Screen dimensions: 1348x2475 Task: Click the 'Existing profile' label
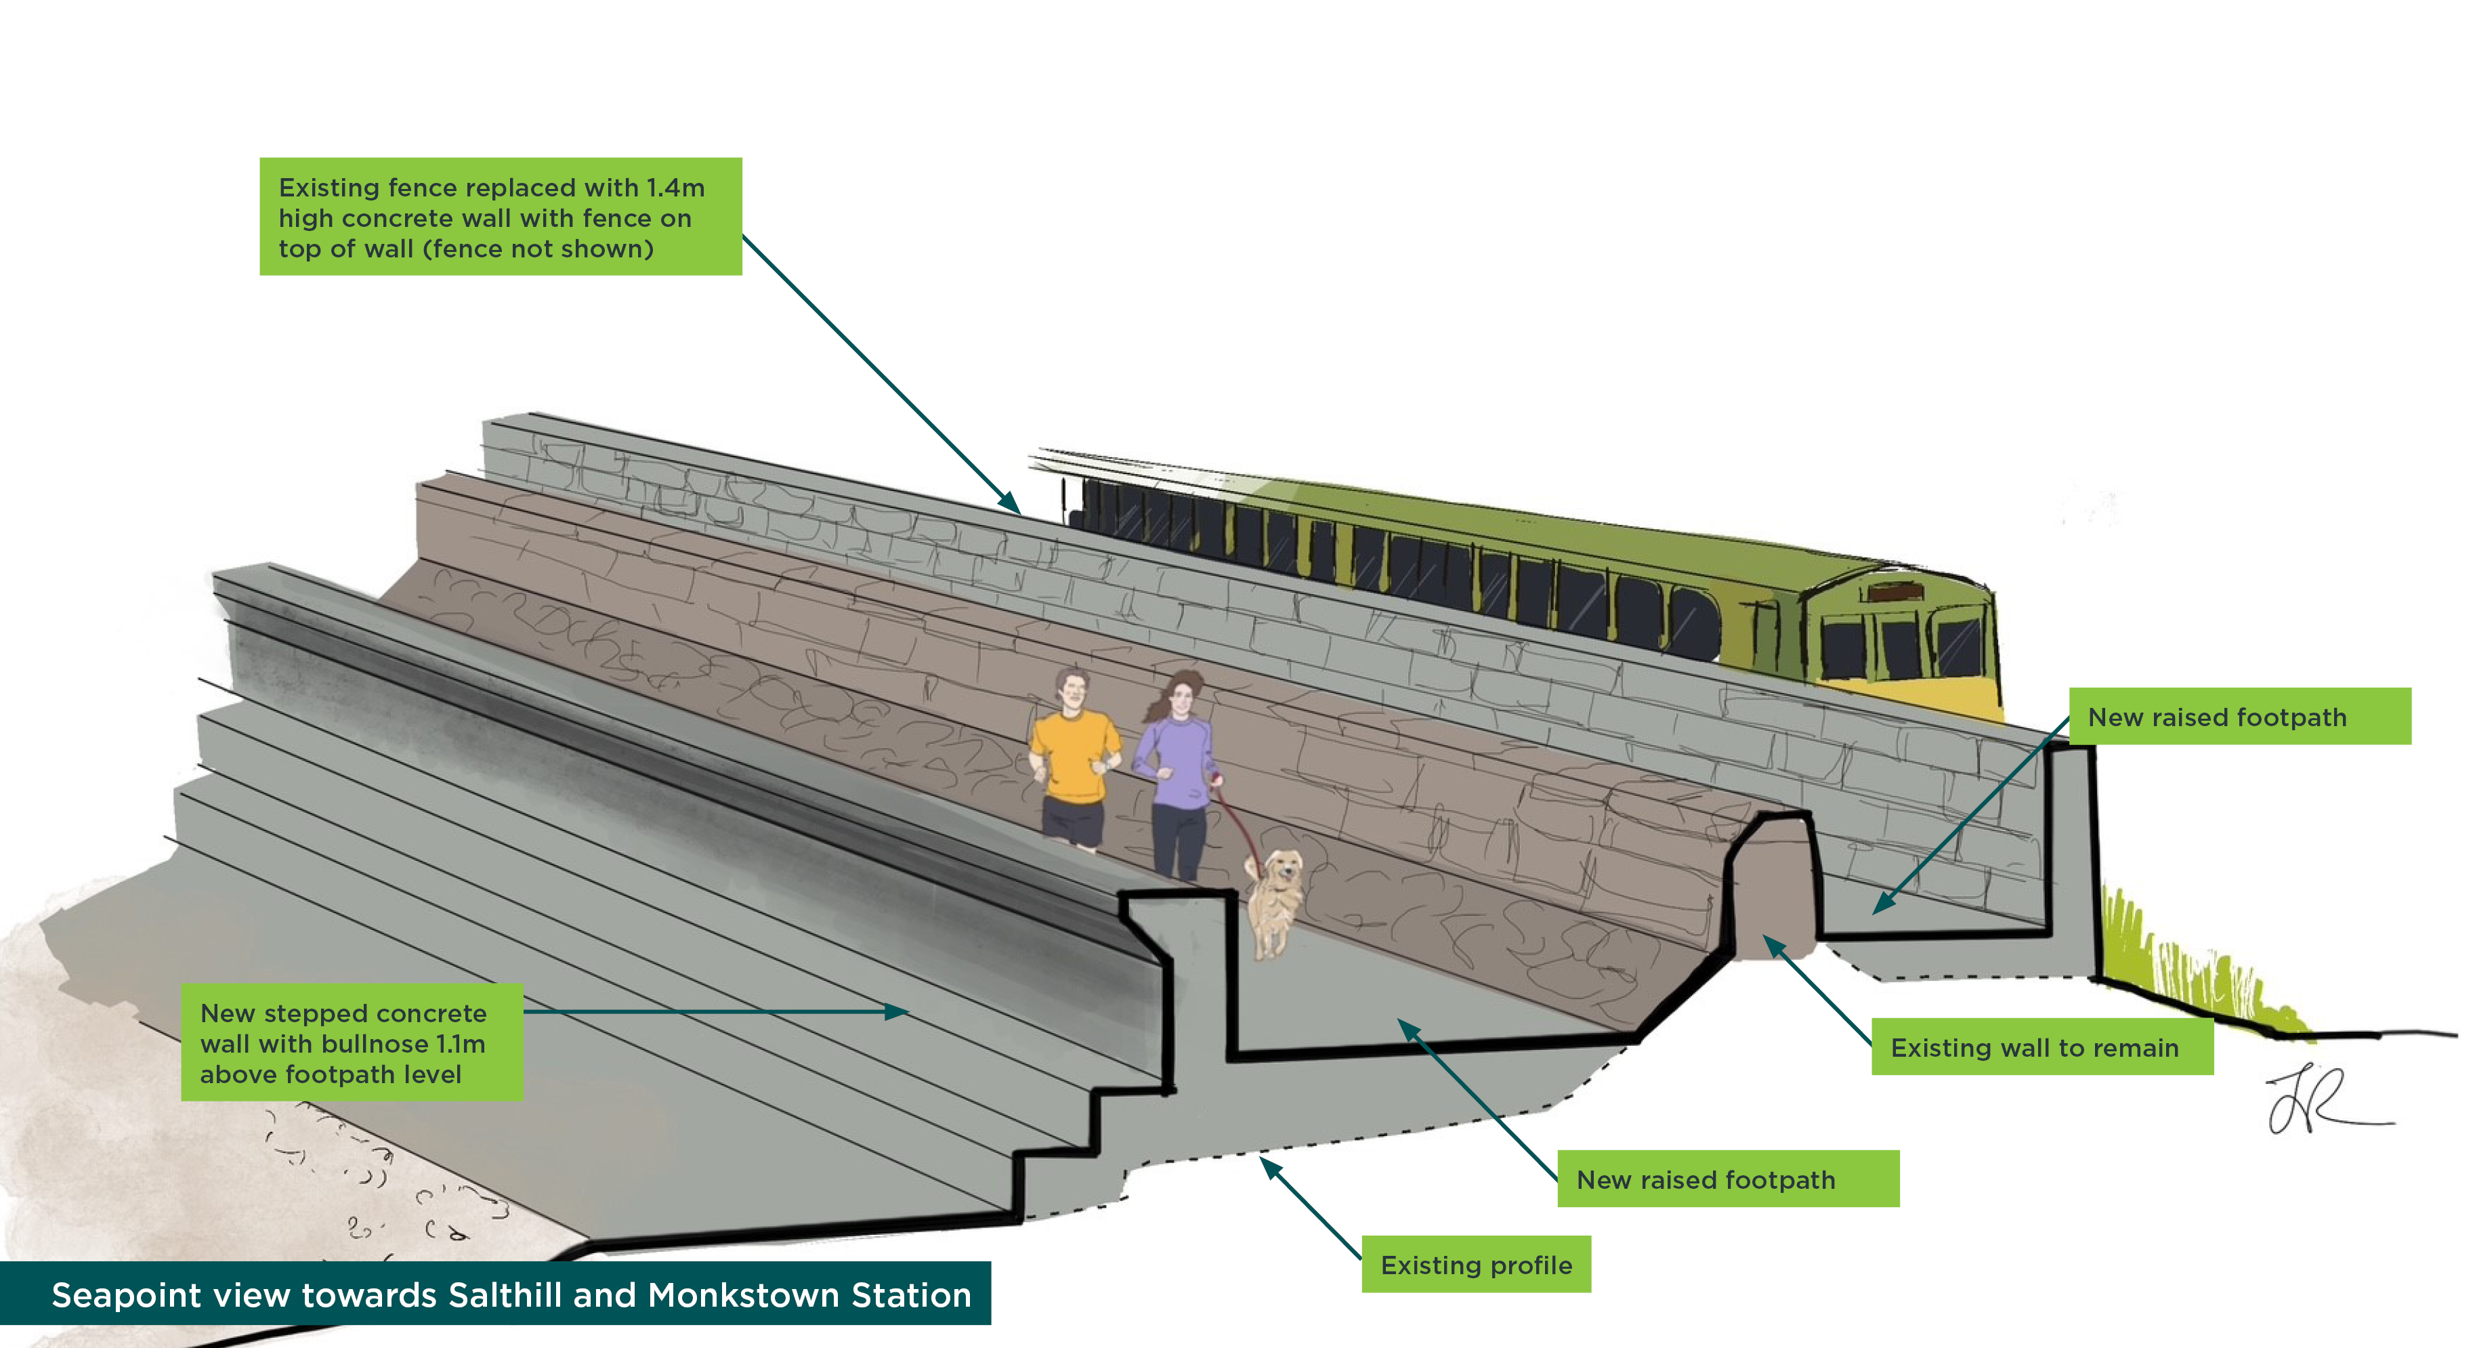[1476, 1265]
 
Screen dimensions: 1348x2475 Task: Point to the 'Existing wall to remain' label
[2034, 1047]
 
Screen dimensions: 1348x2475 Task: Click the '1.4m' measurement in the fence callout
[675, 188]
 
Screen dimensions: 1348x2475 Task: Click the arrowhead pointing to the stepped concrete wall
[897, 1012]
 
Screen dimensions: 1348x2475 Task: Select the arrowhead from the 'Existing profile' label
[1268, 1166]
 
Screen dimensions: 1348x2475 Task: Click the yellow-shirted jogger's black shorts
[1072, 822]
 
